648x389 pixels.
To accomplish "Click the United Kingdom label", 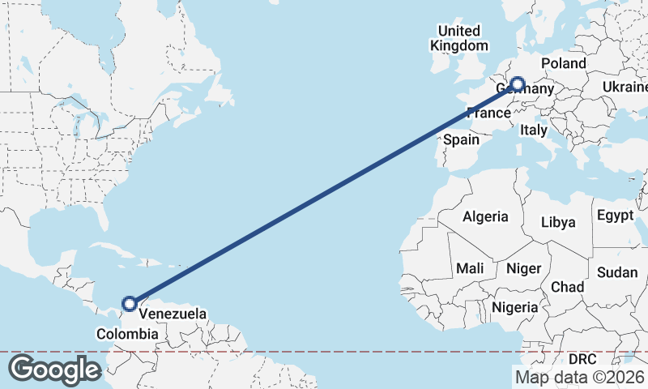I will pyautogui.click(x=458, y=38).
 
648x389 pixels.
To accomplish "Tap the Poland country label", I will pyautogui.click(x=563, y=63).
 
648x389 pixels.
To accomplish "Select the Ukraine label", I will pyautogui.click(x=625, y=87).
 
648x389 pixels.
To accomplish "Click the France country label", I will pyautogui.click(x=488, y=113).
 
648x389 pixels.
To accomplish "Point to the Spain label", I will pyautogui.click(x=461, y=139).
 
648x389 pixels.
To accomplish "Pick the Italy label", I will pyautogui.click(x=534, y=129).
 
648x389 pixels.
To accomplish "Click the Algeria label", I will pyautogui.click(x=485, y=216).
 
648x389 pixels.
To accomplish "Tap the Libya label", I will pyautogui.click(x=557, y=222).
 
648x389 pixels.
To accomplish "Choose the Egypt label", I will pyautogui.click(x=615, y=216).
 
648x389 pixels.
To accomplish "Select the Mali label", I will pyautogui.click(x=470, y=268).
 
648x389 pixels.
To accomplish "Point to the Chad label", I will pyautogui.click(x=567, y=287).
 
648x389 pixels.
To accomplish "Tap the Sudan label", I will pyautogui.click(x=617, y=272).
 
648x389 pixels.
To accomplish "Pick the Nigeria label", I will pyautogui.click(x=514, y=307).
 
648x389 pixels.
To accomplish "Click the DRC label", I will pyautogui.click(x=582, y=358).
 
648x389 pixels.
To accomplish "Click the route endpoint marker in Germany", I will pyautogui.click(x=517, y=83).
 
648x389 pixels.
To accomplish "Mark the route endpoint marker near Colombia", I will pyautogui.click(x=129, y=304).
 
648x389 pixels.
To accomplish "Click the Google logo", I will pyautogui.click(x=54, y=370).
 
